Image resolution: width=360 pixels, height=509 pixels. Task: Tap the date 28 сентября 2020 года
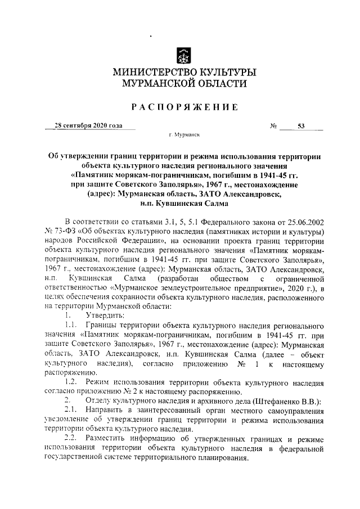[88, 126]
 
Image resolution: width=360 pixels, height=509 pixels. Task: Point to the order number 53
[301, 126]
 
